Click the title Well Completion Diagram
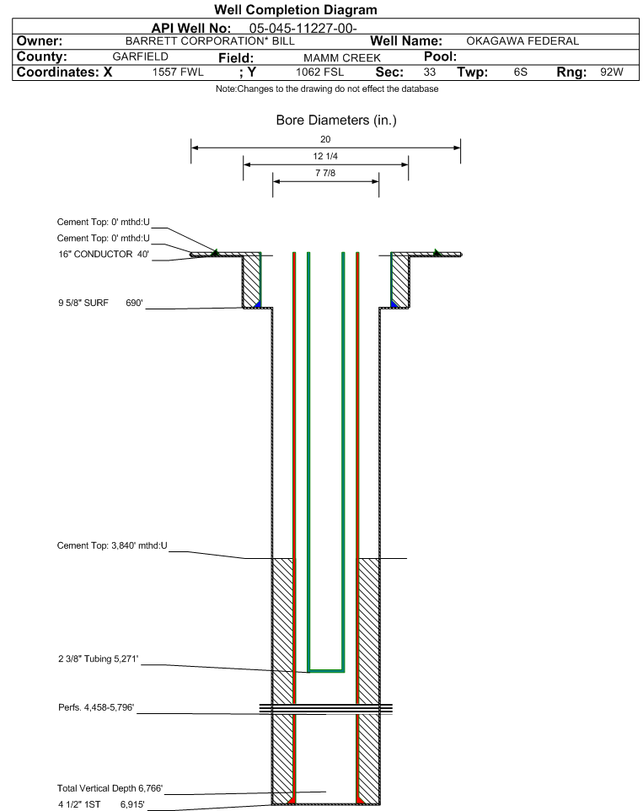click(295, 10)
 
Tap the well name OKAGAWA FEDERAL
click(522, 40)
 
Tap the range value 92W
click(611, 73)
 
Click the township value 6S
click(520, 73)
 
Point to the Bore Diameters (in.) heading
click(336, 121)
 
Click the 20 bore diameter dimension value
click(325, 139)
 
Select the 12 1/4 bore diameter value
click(325, 157)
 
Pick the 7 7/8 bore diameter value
click(325, 174)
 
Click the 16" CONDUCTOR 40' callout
click(101, 254)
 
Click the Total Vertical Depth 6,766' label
click(110, 787)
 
